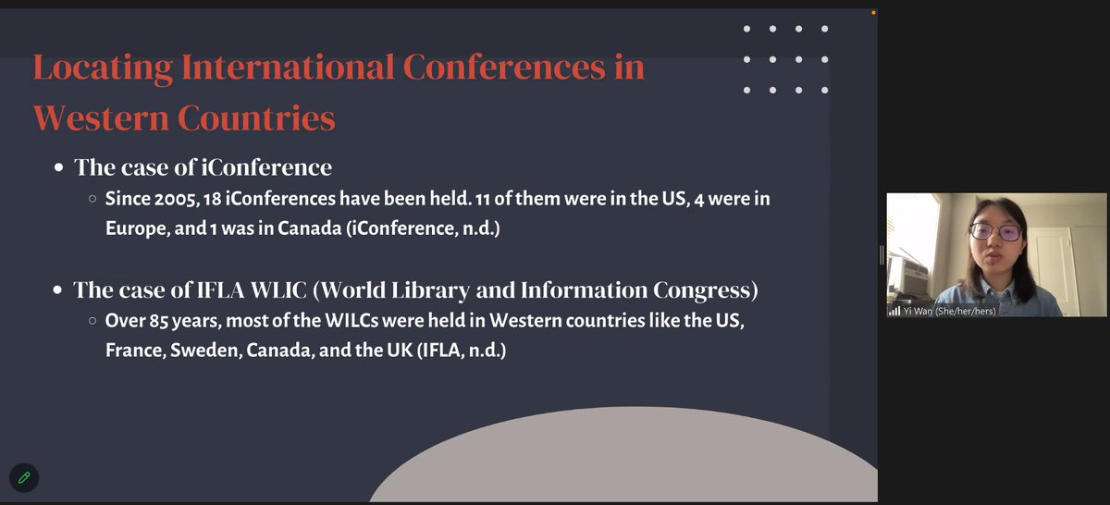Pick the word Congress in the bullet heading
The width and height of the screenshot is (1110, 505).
[702, 290]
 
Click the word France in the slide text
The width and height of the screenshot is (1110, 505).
[134, 352]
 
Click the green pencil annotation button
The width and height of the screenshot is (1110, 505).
[24, 477]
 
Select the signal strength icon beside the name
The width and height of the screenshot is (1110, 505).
[894, 311]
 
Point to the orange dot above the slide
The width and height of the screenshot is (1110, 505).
[873, 12]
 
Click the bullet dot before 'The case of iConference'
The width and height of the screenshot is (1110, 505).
[58, 168]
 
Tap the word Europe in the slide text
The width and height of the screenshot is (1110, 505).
[132, 228]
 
